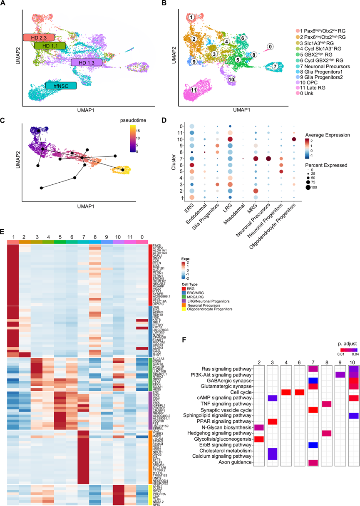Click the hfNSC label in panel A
(61, 86)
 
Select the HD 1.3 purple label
(86, 62)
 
